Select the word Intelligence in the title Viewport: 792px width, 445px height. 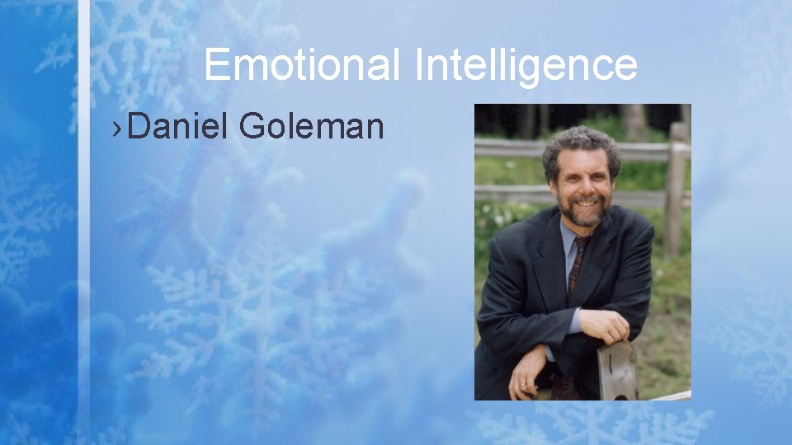526,64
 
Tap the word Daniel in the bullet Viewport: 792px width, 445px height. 178,127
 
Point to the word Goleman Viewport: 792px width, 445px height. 312,127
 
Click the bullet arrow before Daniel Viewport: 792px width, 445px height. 120,128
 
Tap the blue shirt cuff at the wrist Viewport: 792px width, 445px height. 576,320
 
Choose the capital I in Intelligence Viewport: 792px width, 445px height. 419,64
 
